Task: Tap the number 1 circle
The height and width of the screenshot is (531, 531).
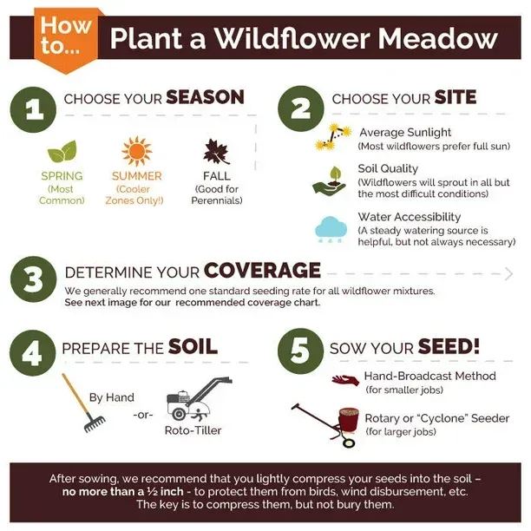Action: point(34,109)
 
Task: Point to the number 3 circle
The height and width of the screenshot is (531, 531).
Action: point(34,279)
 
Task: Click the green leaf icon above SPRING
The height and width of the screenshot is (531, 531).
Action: point(62,152)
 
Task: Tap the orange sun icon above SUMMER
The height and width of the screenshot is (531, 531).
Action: point(136,151)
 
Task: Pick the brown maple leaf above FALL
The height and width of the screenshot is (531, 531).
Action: point(216,152)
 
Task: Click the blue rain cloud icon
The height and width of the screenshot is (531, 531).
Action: point(331,227)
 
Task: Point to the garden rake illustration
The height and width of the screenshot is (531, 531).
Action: point(83,403)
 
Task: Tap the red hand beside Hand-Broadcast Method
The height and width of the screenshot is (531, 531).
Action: point(344,380)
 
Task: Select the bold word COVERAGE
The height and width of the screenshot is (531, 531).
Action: point(261,270)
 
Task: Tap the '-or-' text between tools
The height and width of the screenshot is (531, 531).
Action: point(144,415)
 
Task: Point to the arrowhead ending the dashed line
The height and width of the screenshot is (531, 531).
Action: point(508,273)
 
